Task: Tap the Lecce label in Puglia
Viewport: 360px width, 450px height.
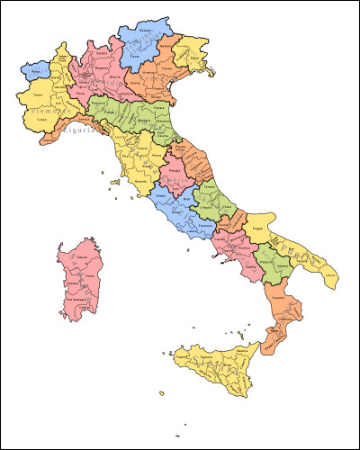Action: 331,274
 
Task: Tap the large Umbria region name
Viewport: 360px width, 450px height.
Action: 181,183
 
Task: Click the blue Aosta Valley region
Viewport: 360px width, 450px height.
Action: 35,69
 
